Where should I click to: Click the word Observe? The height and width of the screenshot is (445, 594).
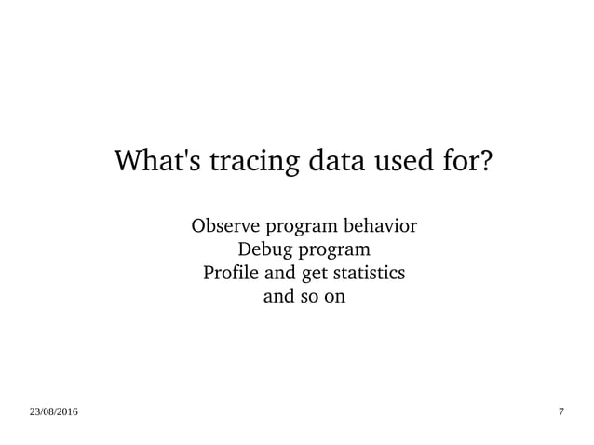225,226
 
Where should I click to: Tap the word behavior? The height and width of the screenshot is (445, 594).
382,226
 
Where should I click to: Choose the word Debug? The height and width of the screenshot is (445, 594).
266,251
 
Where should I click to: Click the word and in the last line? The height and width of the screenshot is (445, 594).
280,299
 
